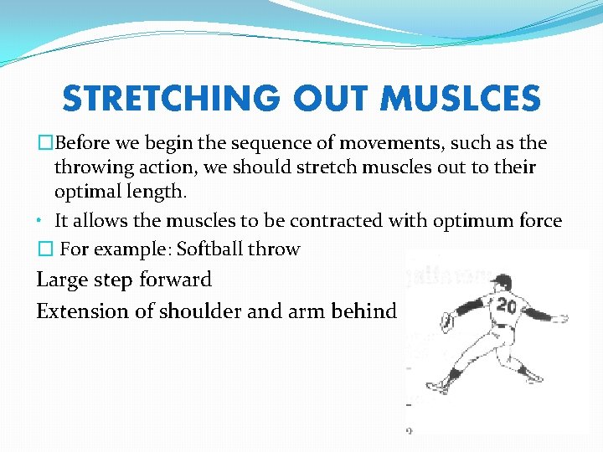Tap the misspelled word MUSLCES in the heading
pos(460,100)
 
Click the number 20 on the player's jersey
pos(506,306)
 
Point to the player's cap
pos(502,280)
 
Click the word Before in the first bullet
pos(90,143)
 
